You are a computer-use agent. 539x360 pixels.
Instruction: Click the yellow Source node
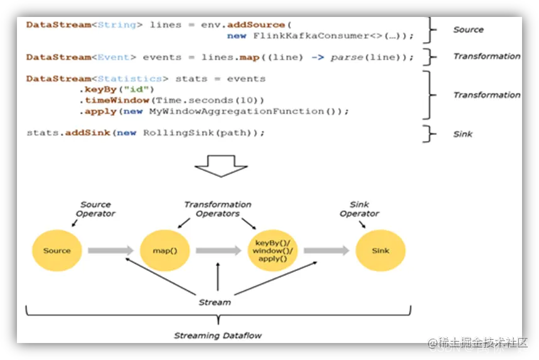tap(56, 251)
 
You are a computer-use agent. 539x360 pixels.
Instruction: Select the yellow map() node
tap(165, 251)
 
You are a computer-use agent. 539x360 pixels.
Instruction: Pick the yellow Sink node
tap(380, 251)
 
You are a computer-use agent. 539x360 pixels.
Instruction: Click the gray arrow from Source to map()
tap(110, 251)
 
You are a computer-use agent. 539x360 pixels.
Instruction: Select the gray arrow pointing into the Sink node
tap(326, 251)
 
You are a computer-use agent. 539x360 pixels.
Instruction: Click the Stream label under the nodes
tap(215, 302)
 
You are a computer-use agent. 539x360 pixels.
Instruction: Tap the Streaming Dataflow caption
tap(218, 336)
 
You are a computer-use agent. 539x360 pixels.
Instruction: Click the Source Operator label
tap(95, 209)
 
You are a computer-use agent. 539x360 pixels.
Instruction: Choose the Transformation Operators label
tap(218, 209)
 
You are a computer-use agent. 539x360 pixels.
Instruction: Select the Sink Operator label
tap(360, 209)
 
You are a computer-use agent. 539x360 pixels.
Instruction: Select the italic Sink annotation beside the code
tap(462, 134)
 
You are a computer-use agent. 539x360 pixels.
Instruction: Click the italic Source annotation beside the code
tap(468, 29)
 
